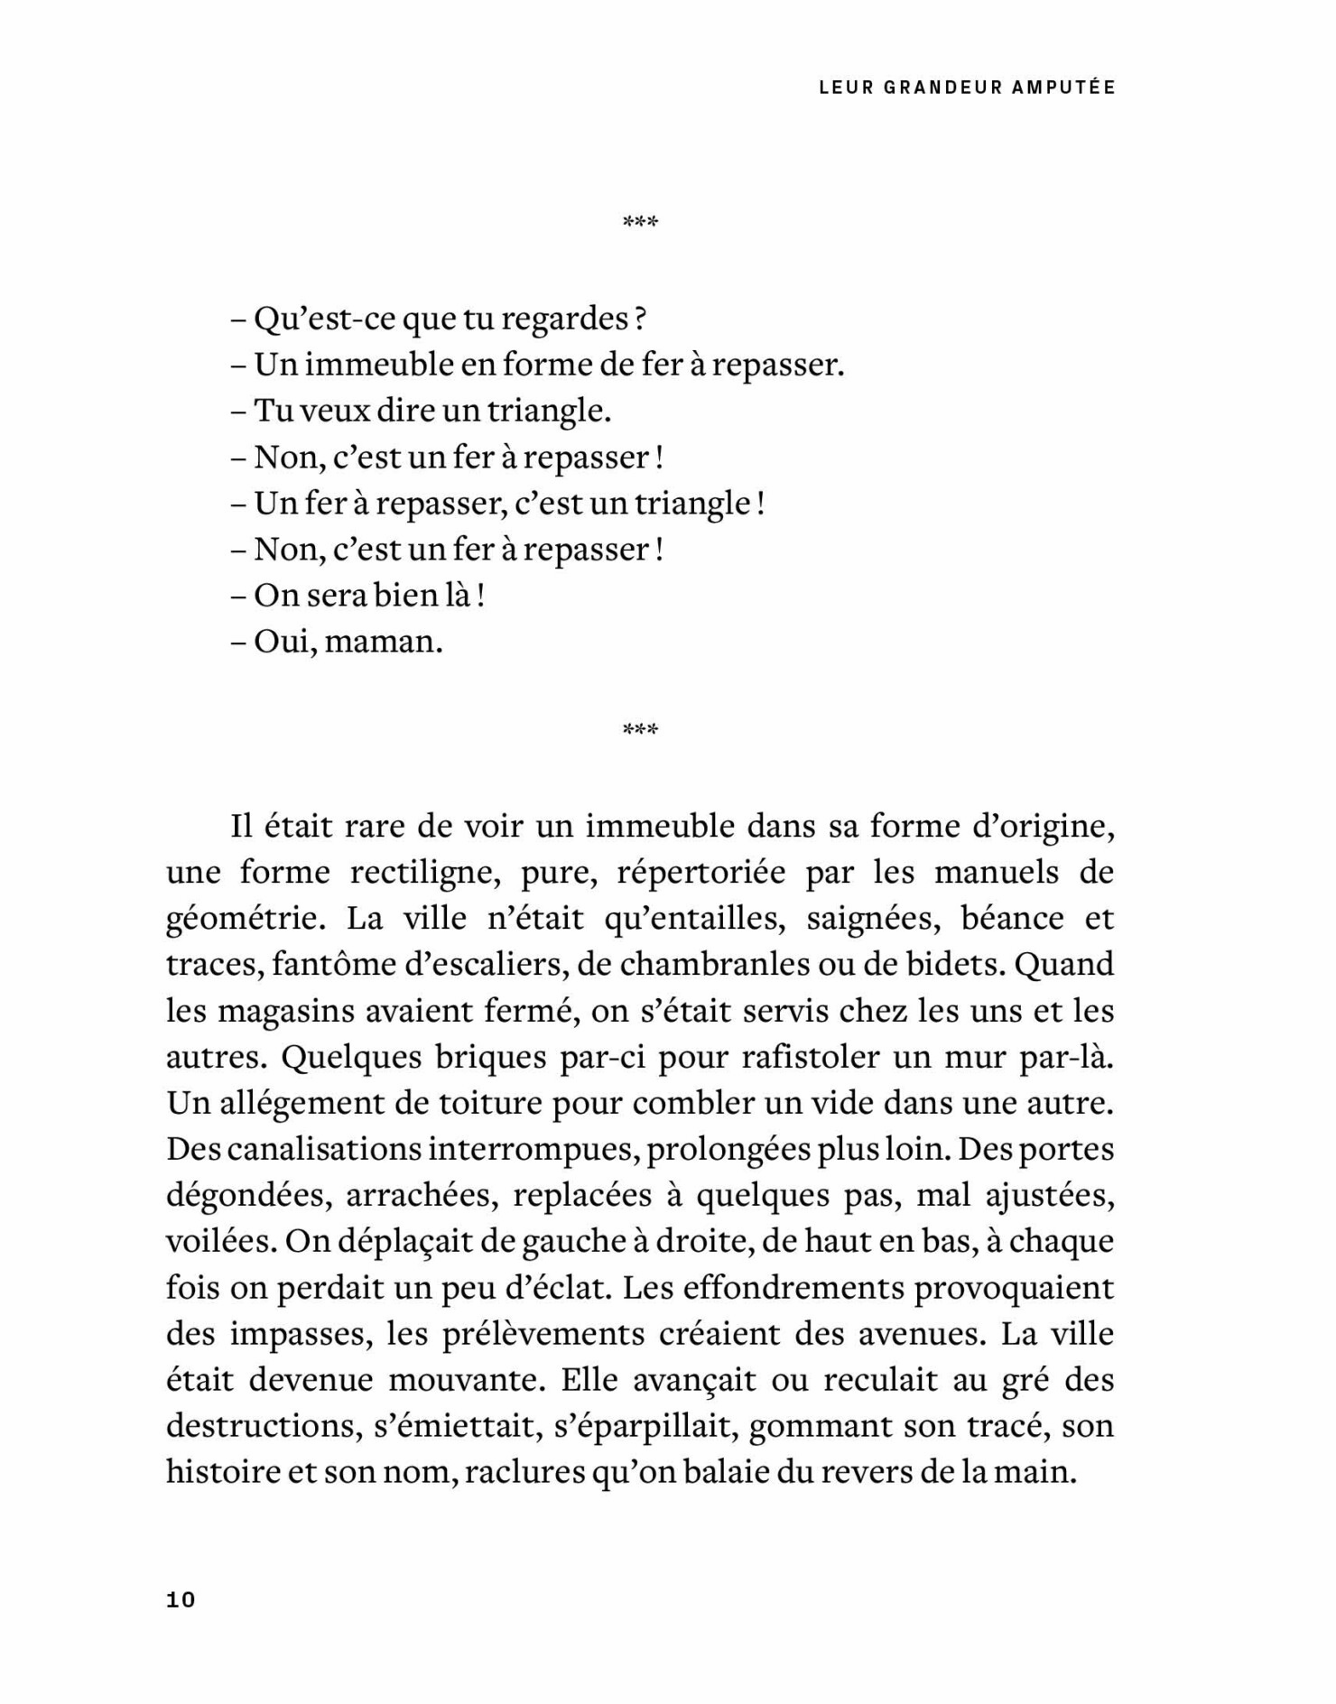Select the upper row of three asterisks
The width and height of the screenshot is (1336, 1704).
pos(640,222)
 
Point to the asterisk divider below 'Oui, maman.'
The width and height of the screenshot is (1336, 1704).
pos(640,729)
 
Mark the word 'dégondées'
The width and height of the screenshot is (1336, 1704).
pos(243,1196)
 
